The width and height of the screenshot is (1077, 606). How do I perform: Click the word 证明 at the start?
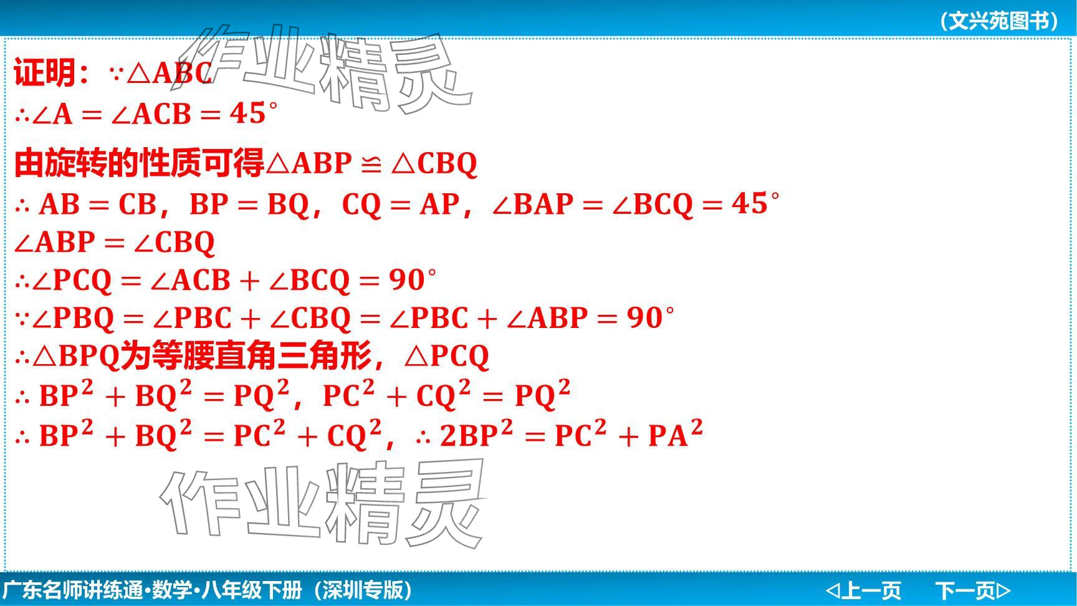click(x=44, y=72)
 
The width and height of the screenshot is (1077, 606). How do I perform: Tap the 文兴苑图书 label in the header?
click(x=999, y=21)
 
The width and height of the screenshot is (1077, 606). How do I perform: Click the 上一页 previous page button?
click(x=863, y=590)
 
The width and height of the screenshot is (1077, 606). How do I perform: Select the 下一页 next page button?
click(x=973, y=590)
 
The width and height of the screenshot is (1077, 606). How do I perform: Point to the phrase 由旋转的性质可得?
click(x=139, y=163)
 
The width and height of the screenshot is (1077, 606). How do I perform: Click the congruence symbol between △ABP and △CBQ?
click(x=371, y=163)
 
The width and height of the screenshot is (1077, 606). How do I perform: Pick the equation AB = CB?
click(x=98, y=204)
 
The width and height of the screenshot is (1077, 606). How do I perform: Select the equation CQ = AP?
click(x=401, y=204)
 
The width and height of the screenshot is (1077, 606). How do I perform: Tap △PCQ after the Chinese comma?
click(x=447, y=357)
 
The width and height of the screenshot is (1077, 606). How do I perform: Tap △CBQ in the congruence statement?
click(x=434, y=163)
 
